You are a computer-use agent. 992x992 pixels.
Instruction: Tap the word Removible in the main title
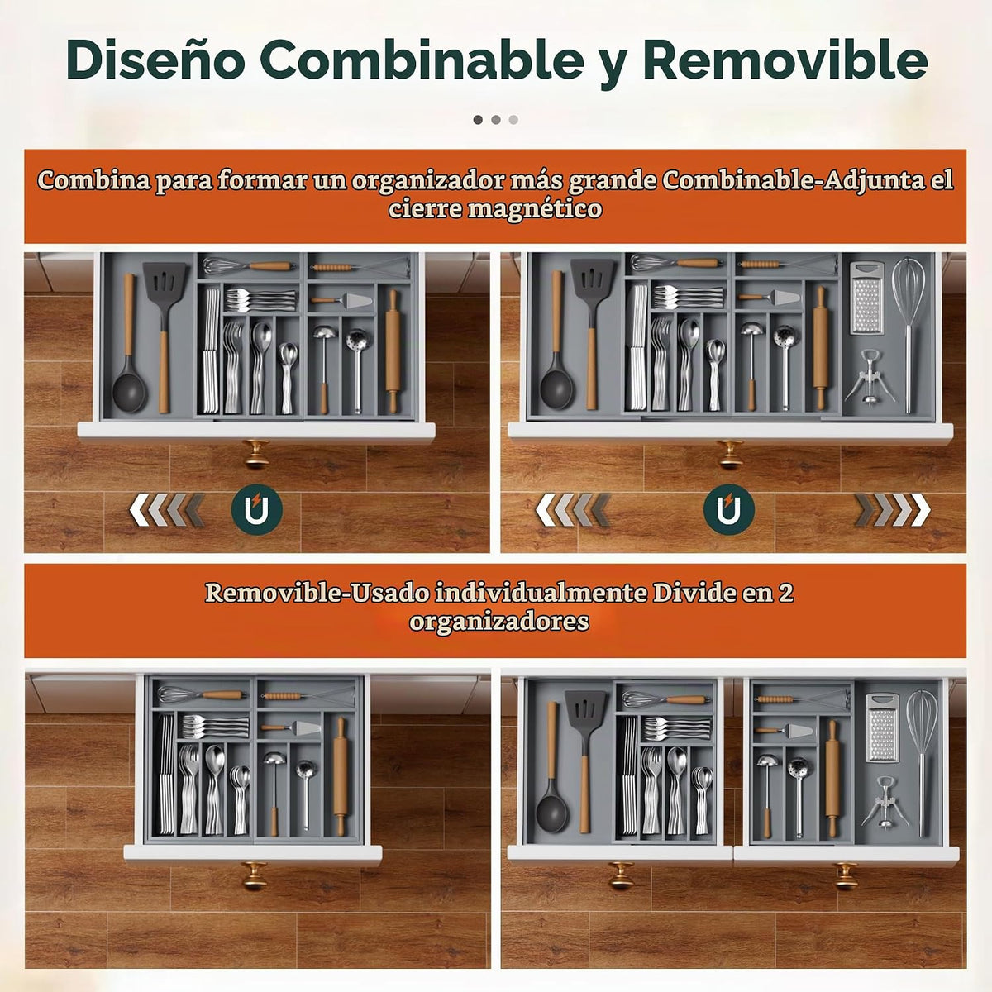(785, 60)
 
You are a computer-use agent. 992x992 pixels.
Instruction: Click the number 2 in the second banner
(785, 593)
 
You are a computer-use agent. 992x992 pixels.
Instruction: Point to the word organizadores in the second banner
(498, 622)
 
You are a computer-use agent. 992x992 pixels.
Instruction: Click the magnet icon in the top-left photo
(256, 510)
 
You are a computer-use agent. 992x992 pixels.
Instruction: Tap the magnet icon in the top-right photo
(729, 510)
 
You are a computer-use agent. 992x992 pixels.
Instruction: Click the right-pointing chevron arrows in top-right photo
(893, 510)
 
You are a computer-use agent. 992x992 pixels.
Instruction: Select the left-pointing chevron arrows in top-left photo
(166, 510)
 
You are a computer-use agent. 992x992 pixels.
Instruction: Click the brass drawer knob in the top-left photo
(257, 454)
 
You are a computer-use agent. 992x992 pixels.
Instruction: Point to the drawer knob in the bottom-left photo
(255, 875)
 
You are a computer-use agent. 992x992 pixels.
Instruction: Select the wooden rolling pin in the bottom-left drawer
(340, 775)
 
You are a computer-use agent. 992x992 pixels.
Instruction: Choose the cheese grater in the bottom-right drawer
(883, 728)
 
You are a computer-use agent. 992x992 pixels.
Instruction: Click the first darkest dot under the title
(478, 120)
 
